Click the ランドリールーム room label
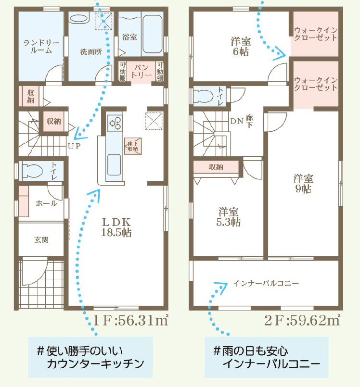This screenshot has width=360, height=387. [41, 47]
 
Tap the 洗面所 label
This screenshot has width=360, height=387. [91, 52]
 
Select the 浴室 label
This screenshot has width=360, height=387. [130, 37]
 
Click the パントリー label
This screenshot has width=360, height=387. [141, 71]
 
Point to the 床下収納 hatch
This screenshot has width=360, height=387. [133, 146]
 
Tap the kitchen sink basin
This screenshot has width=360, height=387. [114, 164]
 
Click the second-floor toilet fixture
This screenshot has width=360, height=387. [203, 96]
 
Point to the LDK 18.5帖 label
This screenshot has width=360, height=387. [116, 227]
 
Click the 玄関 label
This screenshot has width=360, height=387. [41, 240]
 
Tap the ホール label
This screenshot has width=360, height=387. [47, 203]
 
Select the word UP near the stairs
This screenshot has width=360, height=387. [75, 146]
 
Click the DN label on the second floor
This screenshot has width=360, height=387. [237, 121]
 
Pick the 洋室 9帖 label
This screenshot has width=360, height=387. [303, 184]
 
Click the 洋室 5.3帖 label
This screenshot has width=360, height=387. [228, 217]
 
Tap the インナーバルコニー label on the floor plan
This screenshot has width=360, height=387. [266, 283]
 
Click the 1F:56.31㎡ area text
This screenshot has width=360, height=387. [131, 320]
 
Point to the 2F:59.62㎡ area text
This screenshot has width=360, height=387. [302, 320]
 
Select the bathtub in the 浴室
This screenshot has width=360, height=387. [153, 34]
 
